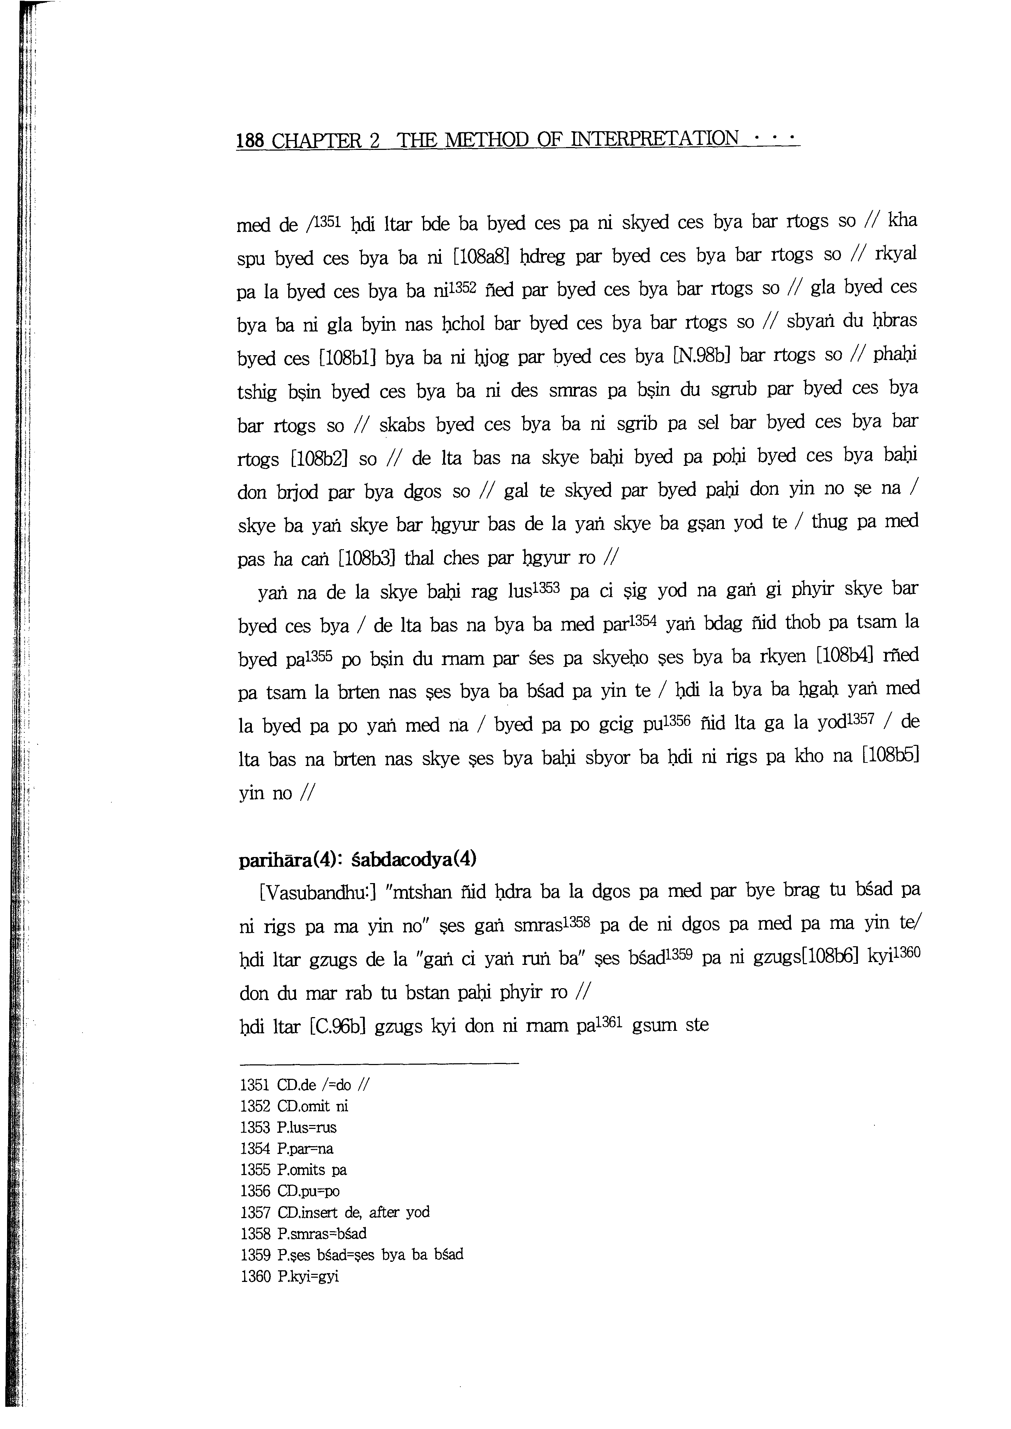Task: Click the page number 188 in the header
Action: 250,141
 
